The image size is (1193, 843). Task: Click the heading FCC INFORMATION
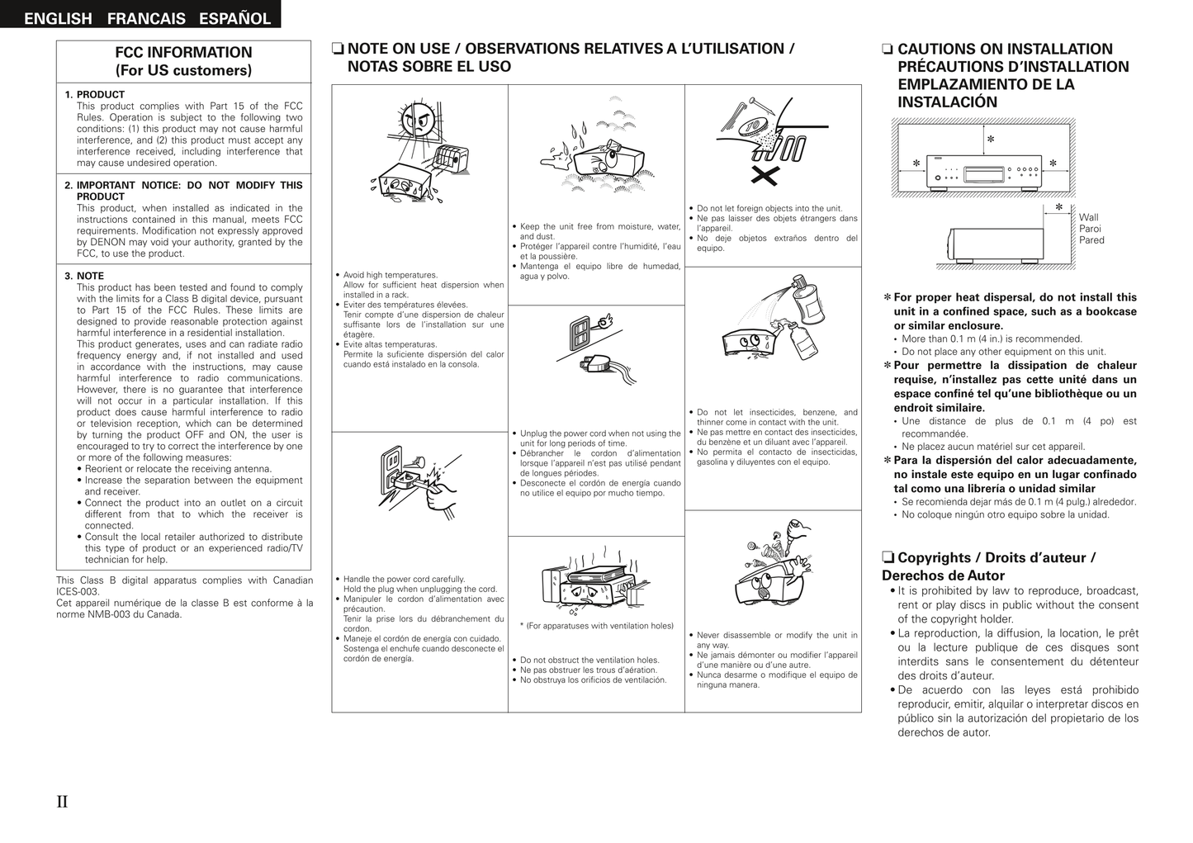tap(183, 53)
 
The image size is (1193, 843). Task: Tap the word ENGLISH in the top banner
tap(58, 18)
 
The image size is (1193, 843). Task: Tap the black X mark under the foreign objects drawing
tap(766, 174)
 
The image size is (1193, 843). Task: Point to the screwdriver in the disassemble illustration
tap(794, 532)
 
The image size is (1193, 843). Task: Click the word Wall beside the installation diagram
tap(1088, 217)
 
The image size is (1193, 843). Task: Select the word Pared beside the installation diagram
tap(1091, 240)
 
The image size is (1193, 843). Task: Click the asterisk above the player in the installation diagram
tap(990, 140)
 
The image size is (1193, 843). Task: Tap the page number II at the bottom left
tap(63, 801)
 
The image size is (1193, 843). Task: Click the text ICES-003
tap(78, 592)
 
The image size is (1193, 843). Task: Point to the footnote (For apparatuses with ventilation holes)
tap(596, 626)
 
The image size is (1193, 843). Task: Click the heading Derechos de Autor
tap(943, 575)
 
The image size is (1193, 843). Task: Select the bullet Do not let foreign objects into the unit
tap(769, 209)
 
